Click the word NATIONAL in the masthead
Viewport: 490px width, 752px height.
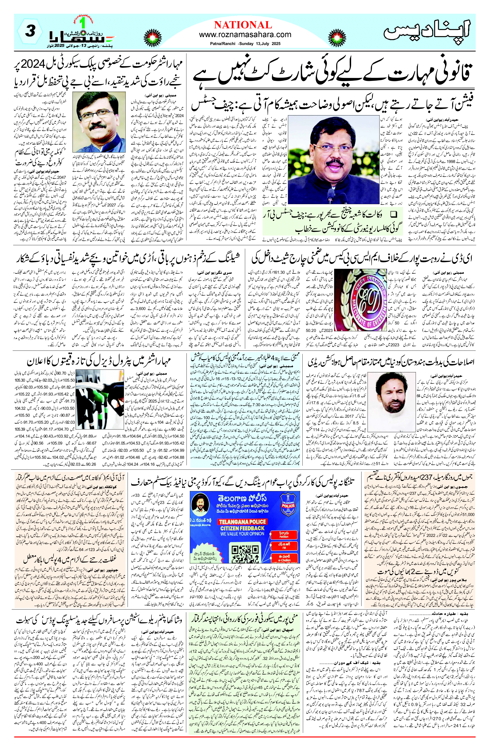pos(243,25)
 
